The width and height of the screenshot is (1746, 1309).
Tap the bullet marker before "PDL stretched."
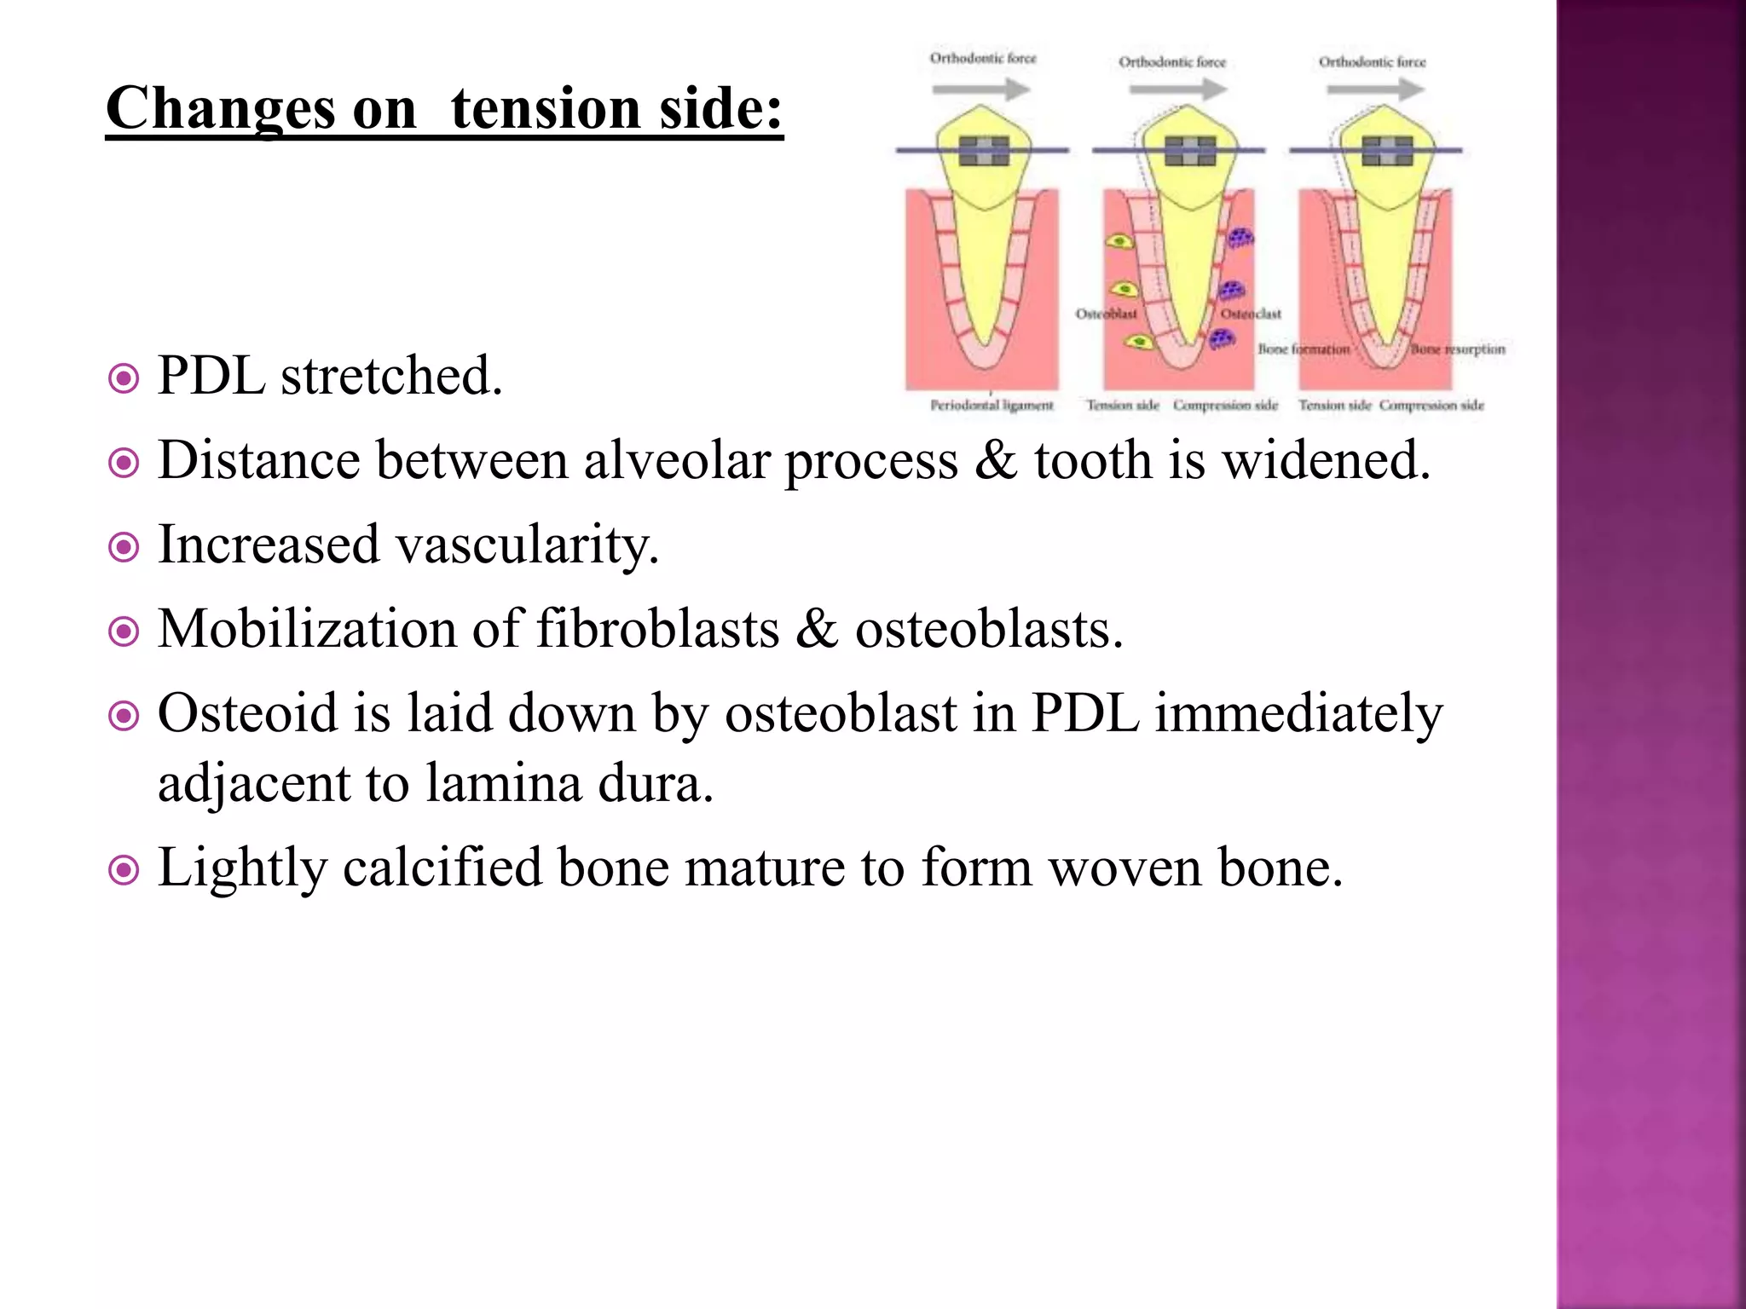[124, 378]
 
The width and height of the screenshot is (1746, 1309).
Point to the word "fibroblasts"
[657, 630]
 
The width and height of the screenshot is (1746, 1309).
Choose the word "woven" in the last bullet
[1124, 868]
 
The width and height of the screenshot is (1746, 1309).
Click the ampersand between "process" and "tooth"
[996, 460]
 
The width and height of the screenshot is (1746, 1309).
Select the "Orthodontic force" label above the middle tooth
[1172, 62]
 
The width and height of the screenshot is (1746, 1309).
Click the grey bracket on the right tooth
[1387, 151]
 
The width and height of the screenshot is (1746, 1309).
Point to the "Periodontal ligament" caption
[992, 406]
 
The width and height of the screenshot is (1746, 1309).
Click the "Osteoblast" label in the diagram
[1106, 314]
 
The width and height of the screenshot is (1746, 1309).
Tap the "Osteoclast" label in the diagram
[1251, 314]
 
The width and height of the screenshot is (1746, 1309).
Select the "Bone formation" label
[1304, 349]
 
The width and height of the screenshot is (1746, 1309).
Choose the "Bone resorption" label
[1458, 349]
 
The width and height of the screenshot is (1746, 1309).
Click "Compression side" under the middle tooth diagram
[1225, 406]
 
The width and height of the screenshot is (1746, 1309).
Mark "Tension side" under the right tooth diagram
[1334, 406]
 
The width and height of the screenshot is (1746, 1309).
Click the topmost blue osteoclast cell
[1240, 237]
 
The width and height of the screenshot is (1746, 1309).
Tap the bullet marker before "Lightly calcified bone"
[124, 870]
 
